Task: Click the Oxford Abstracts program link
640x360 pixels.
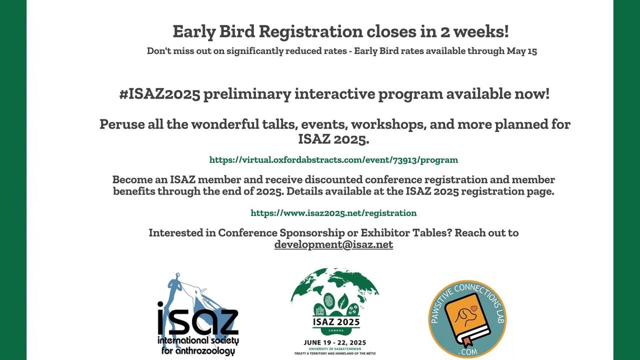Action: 333,159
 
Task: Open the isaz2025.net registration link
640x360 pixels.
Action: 333,213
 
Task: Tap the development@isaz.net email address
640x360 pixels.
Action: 333,244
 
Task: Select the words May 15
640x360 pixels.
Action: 521,51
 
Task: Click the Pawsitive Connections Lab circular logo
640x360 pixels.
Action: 467,319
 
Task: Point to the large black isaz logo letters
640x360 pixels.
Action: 197,318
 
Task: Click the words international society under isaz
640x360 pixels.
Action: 198,341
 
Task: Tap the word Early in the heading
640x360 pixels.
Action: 194,31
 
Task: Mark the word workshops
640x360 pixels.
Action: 388,124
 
